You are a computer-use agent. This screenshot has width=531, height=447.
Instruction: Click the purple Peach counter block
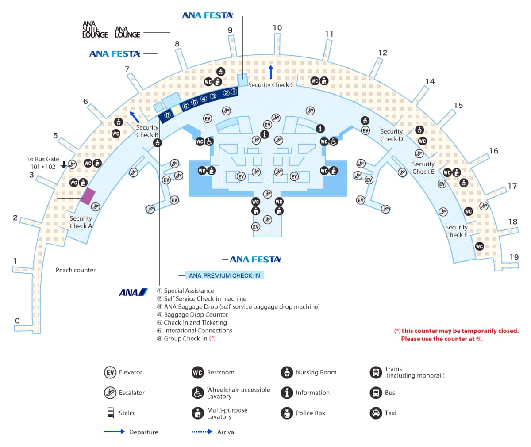88,196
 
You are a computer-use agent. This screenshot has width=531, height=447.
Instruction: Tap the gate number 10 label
277,27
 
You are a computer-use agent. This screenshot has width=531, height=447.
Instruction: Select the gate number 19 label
514,257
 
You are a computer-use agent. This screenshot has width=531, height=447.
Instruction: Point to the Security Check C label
271,85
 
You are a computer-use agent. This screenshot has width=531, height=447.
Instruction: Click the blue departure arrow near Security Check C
271,72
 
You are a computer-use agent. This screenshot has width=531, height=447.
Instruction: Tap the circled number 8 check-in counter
167,115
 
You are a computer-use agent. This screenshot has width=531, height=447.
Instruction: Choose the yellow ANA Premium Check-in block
177,110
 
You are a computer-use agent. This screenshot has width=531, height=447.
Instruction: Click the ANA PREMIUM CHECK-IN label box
224,275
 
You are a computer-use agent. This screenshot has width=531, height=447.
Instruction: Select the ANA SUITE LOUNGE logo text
95,30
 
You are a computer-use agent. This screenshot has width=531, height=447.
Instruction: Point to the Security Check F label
456,231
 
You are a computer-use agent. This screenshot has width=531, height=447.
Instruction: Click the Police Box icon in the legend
287,413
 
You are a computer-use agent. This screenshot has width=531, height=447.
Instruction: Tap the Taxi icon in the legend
376,413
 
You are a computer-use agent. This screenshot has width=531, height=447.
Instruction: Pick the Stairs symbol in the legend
110,413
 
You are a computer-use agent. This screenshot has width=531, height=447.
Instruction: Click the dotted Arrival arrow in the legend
202,432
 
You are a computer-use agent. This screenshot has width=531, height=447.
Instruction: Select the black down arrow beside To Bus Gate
64,164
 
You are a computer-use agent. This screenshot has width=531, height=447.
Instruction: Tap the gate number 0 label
17,321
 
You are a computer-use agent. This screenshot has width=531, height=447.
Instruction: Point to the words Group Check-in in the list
185,339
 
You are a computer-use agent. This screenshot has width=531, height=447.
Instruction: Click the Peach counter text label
76,270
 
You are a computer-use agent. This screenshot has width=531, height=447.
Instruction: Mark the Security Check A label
81,222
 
